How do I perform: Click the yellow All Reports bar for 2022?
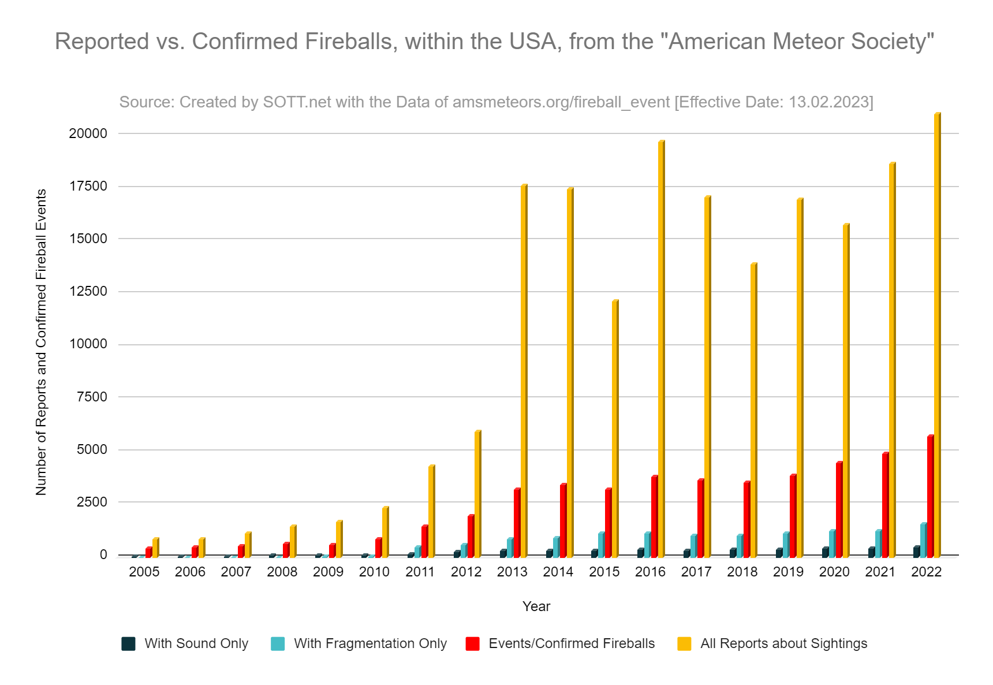tap(937, 335)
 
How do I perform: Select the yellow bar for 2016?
tap(661, 349)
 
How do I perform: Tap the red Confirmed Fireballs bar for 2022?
tap(930, 497)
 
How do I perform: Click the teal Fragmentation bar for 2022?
tap(923, 541)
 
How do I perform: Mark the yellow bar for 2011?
tap(431, 511)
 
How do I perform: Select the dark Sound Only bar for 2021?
tap(871, 553)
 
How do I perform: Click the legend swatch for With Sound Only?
tap(128, 643)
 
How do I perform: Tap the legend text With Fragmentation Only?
tap(370, 643)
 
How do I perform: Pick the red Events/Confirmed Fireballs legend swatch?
tap(472, 643)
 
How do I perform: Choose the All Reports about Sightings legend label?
tap(783, 643)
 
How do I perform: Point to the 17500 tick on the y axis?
tap(88, 186)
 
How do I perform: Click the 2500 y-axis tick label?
tap(92, 502)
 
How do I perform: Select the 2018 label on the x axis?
tap(742, 572)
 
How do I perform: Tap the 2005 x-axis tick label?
tap(144, 572)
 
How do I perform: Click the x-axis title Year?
tap(536, 606)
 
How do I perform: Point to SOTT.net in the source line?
tap(297, 102)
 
